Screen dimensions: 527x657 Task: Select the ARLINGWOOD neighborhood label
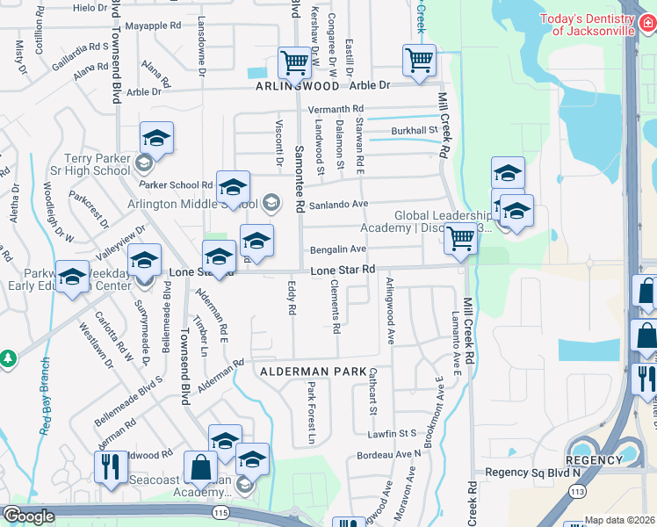click(297, 87)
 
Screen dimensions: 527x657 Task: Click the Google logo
click(28, 516)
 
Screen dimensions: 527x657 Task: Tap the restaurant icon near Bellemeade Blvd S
click(111, 466)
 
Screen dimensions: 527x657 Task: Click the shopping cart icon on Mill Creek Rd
click(460, 238)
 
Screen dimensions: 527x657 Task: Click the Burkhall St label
click(415, 131)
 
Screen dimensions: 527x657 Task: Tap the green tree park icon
click(7, 358)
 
